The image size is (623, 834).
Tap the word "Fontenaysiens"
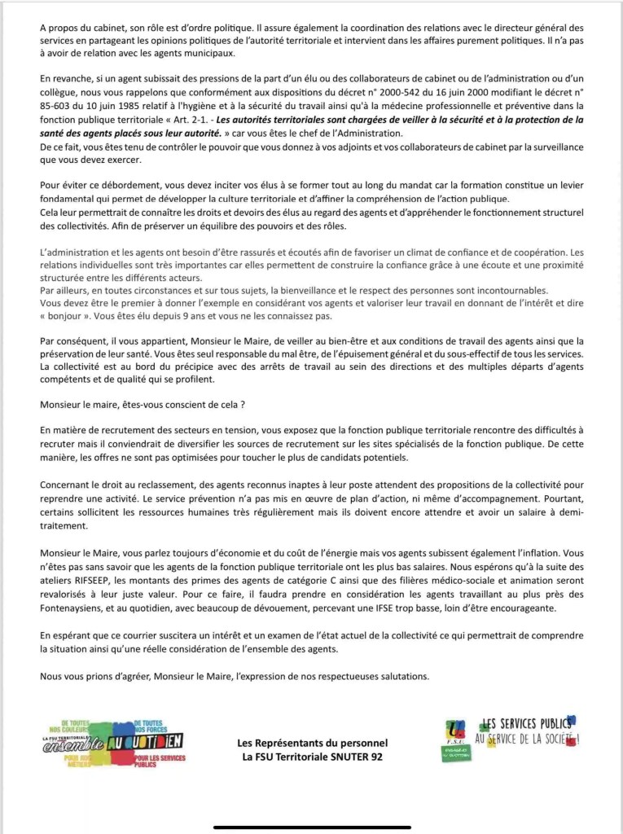72,608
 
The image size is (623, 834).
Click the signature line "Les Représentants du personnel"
312,744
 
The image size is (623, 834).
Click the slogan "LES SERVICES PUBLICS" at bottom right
529,723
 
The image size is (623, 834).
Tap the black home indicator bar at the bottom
311,827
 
